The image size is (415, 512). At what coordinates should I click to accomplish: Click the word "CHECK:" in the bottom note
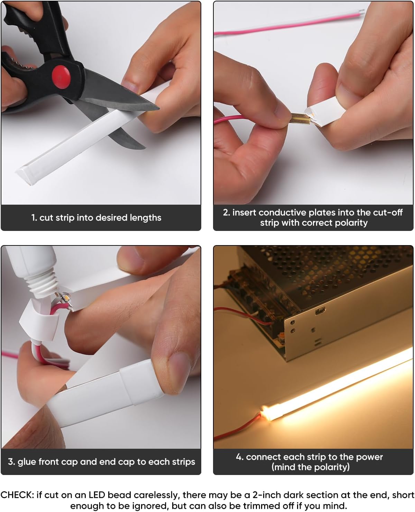point(17,495)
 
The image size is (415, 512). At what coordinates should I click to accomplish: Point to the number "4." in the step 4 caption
point(240,457)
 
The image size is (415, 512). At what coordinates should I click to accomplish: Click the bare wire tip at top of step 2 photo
point(362,12)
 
